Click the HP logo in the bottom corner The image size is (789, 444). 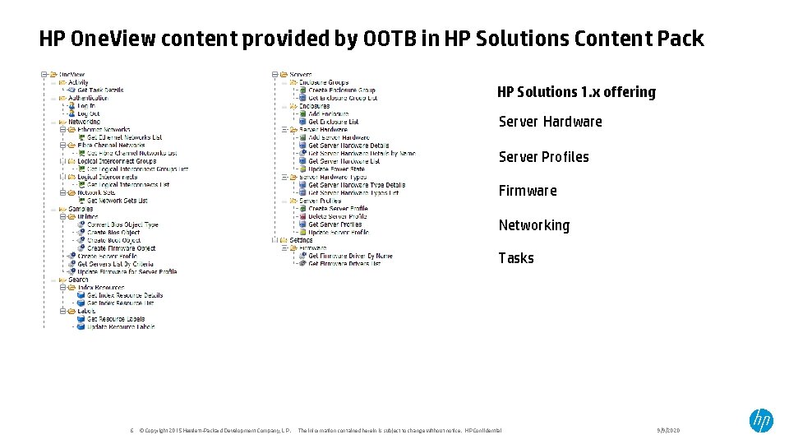pyautogui.click(x=760, y=421)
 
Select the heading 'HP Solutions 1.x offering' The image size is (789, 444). pyautogui.click(x=576, y=92)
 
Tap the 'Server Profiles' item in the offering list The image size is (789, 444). pyautogui.click(x=543, y=157)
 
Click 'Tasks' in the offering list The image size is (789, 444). pyautogui.click(x=516, y=258)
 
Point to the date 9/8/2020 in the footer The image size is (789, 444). pyautogui.click(x=668, y=431)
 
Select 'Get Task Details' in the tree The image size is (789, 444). pyautogui.click(x=100, y=90)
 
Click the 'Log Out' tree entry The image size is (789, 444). pyautogui.click(x=88, y=114)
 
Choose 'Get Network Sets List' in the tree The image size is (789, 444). pyautogui.click(x=117, y=201)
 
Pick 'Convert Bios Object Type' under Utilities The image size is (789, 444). pyautogui.click(x=122, y=224)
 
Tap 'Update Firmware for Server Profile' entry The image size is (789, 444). pyautogui.click(x=127, y=271)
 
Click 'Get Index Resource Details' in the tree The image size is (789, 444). pyautogui.click(x=125, y=295)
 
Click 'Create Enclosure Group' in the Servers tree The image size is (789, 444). pyautogui.click(x=341, y=90)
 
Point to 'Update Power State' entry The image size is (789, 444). pyautogui.click(x=336, y=169)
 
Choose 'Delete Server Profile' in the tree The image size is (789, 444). pyautogui.click(x=337, y=216)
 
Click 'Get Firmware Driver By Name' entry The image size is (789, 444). pyautogui.click(x=350, y=256)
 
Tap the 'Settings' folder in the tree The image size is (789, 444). pyautogui.click(x=301, y=240)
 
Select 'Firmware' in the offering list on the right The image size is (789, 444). pyautogui.click(x=528, y=191)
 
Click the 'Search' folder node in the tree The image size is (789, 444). pyautogui.click(x=78, y=280)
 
